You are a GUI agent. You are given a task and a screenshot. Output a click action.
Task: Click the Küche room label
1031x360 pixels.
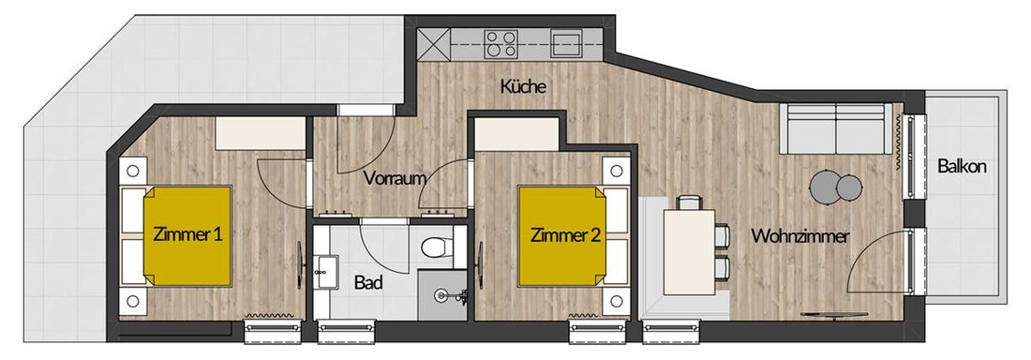coord(523,86)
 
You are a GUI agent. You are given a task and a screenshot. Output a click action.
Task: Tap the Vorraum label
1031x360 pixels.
coord(391,178)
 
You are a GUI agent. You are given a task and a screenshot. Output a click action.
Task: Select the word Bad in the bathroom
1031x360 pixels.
coord(368,282)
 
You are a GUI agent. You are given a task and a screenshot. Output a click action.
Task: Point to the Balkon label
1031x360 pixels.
coord(962,167)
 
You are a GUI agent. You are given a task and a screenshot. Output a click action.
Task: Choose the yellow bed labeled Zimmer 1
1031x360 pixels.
coord(187,236)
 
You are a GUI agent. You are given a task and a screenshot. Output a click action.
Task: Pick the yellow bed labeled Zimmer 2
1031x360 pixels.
coord(562,236)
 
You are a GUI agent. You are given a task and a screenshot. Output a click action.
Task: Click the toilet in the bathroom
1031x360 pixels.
coord(434,246)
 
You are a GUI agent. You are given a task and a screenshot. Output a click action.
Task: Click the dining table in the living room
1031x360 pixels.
coord(689,251)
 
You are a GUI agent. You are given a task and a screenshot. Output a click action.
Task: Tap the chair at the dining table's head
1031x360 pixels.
coord(689,202)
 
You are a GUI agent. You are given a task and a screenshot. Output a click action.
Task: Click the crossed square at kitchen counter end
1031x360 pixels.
coord(433,44)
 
